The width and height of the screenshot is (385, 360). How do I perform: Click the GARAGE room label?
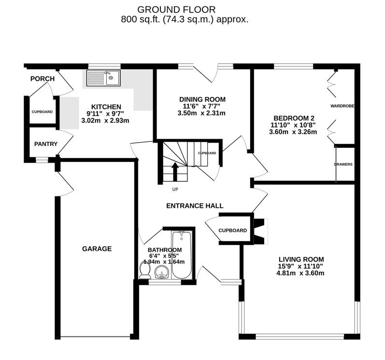(97, 249)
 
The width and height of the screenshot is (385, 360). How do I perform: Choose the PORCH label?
(43, 79)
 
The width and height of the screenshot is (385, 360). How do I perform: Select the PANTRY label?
(46, 144)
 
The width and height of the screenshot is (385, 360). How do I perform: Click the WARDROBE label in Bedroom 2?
(342, 105)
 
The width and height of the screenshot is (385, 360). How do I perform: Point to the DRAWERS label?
(343, 164)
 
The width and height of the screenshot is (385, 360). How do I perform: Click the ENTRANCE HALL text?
(195, 205)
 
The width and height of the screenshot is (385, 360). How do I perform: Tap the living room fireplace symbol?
(259, 230)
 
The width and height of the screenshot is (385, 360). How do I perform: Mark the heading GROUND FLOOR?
(176, 9)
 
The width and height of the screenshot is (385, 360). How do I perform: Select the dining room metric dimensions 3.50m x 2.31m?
(202, 113)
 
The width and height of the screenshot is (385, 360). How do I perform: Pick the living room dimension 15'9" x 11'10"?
(299, 266)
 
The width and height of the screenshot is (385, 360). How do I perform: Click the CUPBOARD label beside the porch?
(42, 112)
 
